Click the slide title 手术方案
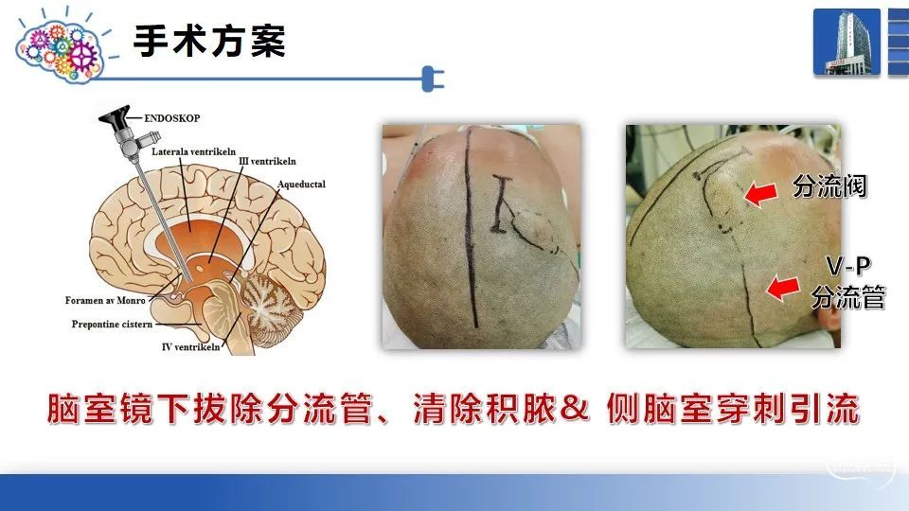coord(209,41)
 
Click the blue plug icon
coord(433,79)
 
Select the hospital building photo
coord(847,42)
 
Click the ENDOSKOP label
coord(172,118)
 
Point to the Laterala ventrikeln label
coord(193,151)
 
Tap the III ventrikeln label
coord(267,161)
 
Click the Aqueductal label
coord(301,185)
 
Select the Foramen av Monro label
coord(105,300)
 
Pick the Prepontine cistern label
coord(112,324)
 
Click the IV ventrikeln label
coord(190,346)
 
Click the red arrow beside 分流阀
coord(760,193)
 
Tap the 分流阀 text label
coord(829,186)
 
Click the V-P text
coord(848,266)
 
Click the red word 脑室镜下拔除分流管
coord(209,409)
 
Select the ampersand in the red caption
coord(574,408)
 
